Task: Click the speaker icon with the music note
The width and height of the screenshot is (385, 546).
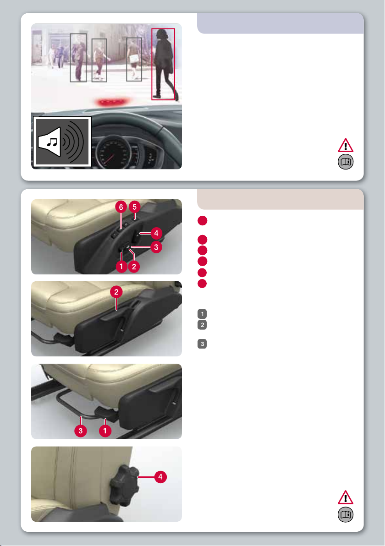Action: tap(62, 142)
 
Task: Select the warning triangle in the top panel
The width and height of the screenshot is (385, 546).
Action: tap(346, 145)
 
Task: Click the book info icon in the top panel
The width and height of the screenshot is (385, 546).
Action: tap(346, 162)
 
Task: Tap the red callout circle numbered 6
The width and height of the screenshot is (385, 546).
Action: tap(121, 207)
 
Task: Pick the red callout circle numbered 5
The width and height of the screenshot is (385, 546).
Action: tap(134, 207)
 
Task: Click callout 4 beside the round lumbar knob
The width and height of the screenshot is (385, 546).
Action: tap(160, 477)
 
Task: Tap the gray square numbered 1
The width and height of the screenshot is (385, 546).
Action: tap(202, 314)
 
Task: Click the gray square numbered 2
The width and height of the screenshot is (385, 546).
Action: tap(202, 325)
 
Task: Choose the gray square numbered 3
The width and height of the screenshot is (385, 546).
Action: tap(202, 344)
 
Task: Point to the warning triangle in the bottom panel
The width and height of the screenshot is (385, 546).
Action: tap(346, 497)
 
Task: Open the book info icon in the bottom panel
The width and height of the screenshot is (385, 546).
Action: tap(346, 514)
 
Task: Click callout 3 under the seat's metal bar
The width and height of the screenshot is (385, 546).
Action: tap(81, 431)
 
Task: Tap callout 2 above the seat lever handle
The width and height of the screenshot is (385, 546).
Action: tap(116, 292)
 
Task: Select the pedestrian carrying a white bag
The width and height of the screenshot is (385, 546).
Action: tap(134, 60)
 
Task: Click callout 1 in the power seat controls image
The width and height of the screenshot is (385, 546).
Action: tap(121, 267)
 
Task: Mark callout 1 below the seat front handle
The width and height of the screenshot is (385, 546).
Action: tap(105, 431)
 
